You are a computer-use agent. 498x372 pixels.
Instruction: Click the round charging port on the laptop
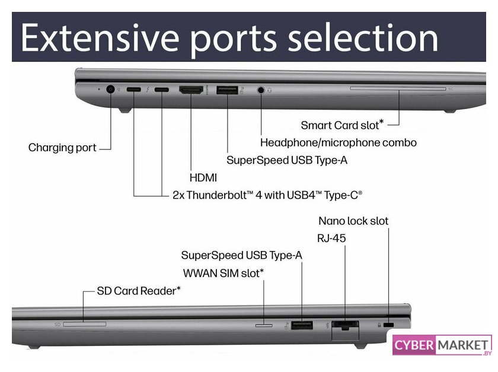tap(110, 90)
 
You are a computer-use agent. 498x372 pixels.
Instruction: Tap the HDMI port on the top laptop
tap(191, 90)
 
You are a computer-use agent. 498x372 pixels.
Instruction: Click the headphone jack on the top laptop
tap(261, 90)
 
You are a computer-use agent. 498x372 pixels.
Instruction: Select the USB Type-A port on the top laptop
tap(228, 90)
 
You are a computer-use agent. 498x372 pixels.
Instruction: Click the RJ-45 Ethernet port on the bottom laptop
tap(345, 325)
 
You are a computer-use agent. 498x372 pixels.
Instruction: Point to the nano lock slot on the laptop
tap(388, 325)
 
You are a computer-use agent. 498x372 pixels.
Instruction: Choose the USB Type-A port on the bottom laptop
tap(302, 325)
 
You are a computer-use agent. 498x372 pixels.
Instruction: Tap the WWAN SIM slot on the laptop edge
tap(264, 325)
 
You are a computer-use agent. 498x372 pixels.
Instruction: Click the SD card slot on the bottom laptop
tap(84, 324)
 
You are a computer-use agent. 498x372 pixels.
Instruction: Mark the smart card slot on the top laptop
tap(398, 88)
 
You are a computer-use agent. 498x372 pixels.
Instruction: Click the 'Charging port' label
tap(62, 148)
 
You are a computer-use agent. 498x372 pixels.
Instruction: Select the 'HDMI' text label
tap(203, 177)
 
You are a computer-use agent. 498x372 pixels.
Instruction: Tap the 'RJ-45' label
tap(331, 238)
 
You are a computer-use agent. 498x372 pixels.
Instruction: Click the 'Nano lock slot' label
tap(353, 221)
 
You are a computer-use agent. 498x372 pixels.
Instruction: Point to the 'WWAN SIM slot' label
tap(224, 273)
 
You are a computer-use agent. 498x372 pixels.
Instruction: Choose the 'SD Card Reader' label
tap(139, 291)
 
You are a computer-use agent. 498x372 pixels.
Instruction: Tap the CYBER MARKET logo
tap(442, 345)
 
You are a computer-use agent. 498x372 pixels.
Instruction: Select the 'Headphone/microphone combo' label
tap(339, 143)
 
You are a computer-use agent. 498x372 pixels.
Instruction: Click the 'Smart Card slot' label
tap(343, 125)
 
